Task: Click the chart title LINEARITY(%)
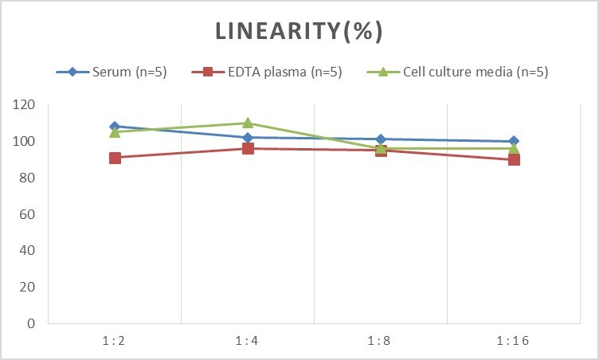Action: pyautogui.click(x=299, y=31)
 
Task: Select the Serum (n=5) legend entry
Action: pyautogui.click(x=112, y=72)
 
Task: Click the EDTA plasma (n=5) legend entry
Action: pyautogui.click(x=267, y=72)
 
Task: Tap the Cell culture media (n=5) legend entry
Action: pyautogui.click(x=458, y=72)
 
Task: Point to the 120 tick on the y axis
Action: pyautogui.click(x=24, y=104)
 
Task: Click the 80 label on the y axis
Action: pyautogui.click(x=27, y=178)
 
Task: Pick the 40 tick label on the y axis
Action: pyautogui.click(x=27, y=250)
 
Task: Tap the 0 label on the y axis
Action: pyautogui.click(x=31, y=323)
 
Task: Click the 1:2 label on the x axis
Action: pyautogui.click(x=114, y=340)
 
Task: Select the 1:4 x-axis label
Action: pyautogui.click(x=247, y=340)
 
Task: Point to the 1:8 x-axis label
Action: pyautogui.click(x=379, y=340)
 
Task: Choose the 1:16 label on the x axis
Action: pyautogui.click(x=513, y=340)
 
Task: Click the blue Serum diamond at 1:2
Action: pyautogui.click(x=115, y=127)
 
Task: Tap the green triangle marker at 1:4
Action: pyautogui.click(x=248, y=123)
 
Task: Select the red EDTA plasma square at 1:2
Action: pyautogui.click(x=115, y=158)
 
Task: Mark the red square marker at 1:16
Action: pyautogui.click(x=514, y=159)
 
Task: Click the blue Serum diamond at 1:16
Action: pyautogui.click(x=514, y=141)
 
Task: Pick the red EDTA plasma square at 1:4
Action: pyautogui.click(x=248, y=148)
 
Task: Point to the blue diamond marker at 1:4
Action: pyautogui.click(x=248, y=138)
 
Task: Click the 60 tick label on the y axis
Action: pyautogui.click(x=27, y=214)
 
